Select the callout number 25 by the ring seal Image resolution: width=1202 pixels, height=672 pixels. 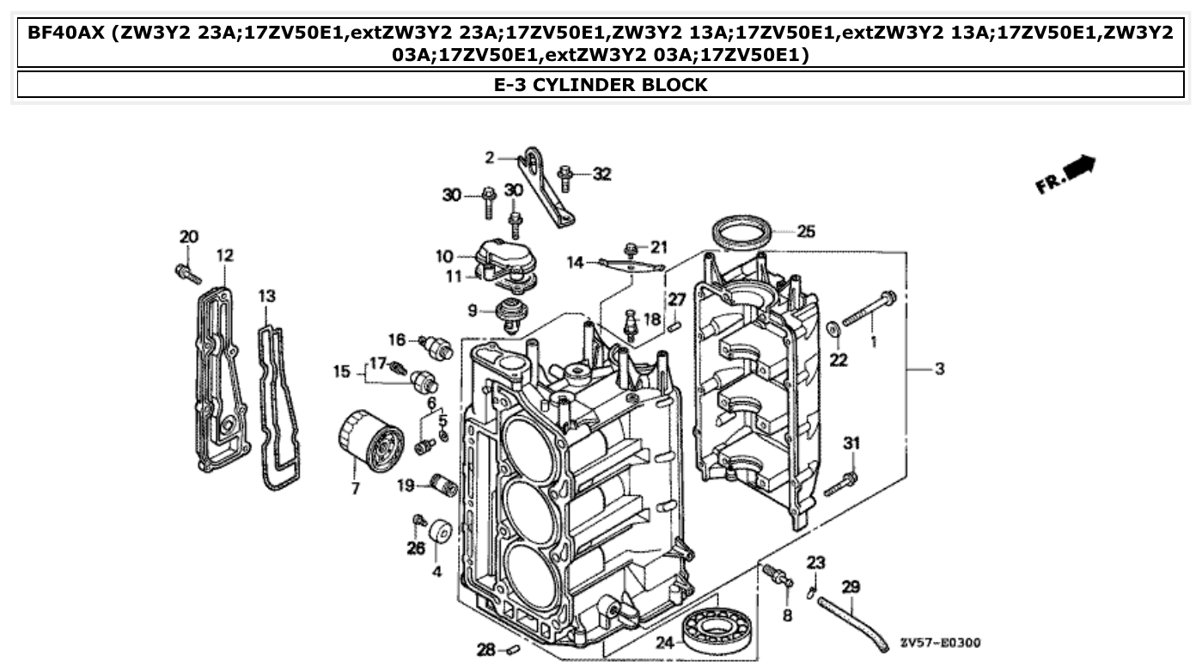805,231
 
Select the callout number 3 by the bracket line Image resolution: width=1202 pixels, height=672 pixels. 939,369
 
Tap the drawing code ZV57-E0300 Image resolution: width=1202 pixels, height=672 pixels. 940,643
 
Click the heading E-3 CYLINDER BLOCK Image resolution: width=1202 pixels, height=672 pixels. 601,84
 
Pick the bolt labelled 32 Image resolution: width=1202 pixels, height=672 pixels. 566,178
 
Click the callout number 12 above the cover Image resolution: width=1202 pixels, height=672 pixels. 224,255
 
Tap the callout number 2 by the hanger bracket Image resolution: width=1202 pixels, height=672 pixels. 490,157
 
